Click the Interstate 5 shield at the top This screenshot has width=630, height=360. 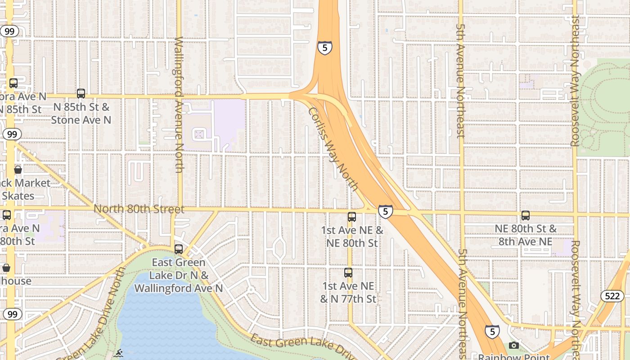point(325,47)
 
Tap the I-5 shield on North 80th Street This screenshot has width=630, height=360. point(385,211)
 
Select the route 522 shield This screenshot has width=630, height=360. point(612,296)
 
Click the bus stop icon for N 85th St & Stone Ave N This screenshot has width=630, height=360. point(81,94)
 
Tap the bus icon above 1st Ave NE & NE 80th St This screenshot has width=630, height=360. point(352,217)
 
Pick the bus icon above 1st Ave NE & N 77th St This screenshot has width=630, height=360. point(348,272)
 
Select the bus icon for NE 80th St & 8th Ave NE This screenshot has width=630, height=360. point(526,216)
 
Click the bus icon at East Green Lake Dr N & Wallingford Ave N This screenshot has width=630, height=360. point(179,249)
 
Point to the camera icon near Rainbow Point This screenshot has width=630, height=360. point(514,345)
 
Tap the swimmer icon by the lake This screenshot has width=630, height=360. point(118,353)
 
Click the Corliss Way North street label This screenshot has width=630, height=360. point(333,148)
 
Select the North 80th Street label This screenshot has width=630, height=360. point(139,209)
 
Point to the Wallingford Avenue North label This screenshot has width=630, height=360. point(179,104)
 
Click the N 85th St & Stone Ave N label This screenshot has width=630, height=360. point(81,113)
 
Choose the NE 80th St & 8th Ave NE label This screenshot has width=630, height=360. point(526,235)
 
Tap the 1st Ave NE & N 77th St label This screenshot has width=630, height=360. point(348,292)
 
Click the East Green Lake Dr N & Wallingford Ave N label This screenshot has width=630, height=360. point(179,275)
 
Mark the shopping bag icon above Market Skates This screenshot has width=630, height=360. point(18,170)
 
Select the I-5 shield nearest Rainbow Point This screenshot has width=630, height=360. point(492,332)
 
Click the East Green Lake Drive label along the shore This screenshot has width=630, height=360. point(304,346)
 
